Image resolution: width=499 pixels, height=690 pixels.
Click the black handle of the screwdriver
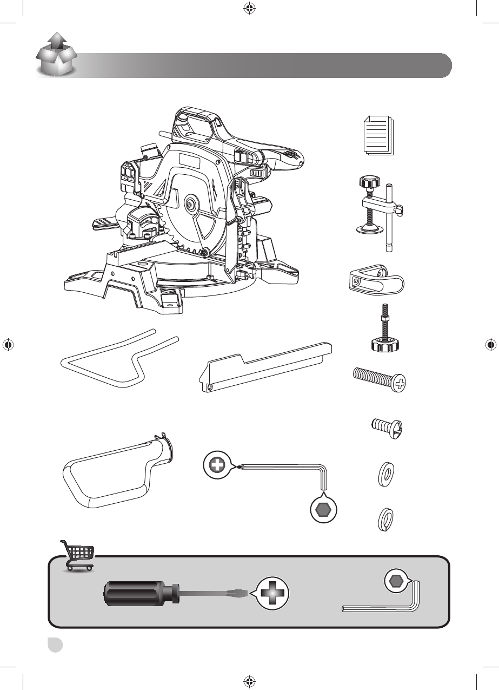139,594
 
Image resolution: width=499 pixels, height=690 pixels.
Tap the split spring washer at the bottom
384,520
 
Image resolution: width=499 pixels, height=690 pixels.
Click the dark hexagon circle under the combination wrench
323,510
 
